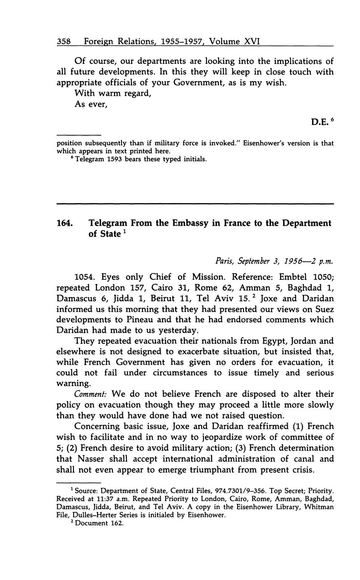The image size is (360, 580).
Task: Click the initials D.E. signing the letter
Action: click(x=320, y=122)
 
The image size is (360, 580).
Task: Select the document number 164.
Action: click(x=65, y=223)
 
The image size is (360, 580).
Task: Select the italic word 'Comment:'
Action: click(x=90, y=394)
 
